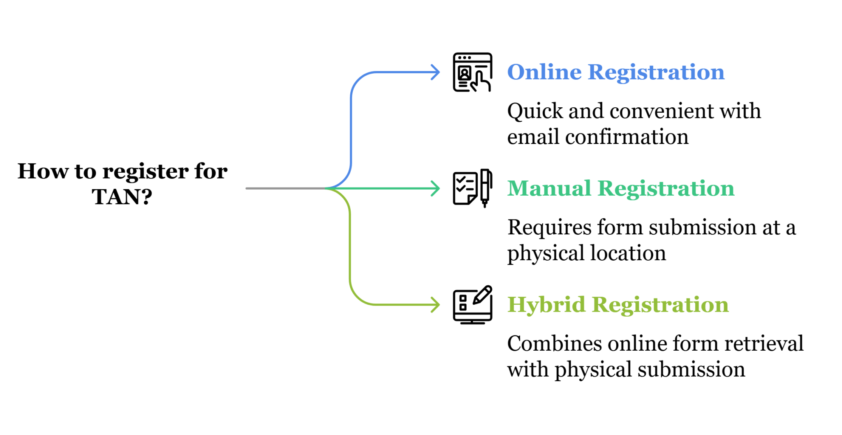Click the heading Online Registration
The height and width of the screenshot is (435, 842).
[615, 72]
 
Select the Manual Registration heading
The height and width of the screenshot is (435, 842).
[620, 189]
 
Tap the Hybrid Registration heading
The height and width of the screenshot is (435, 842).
[618, 305]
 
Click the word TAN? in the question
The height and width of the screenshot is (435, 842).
[122, 197]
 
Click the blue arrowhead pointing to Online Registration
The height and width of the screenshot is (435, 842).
[436, 72]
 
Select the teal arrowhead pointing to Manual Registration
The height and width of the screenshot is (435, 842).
[436, 189]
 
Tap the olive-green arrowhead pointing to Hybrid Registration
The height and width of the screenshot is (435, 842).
[436, 305]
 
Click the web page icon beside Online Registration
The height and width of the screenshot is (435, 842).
[472, 72]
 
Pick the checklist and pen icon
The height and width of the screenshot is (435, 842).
[472, 189]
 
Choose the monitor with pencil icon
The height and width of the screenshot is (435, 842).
[472, 305]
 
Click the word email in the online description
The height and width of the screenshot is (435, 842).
[533, 137]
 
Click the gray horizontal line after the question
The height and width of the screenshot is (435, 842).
[286, 189]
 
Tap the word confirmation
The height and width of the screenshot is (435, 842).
[627, 137]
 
